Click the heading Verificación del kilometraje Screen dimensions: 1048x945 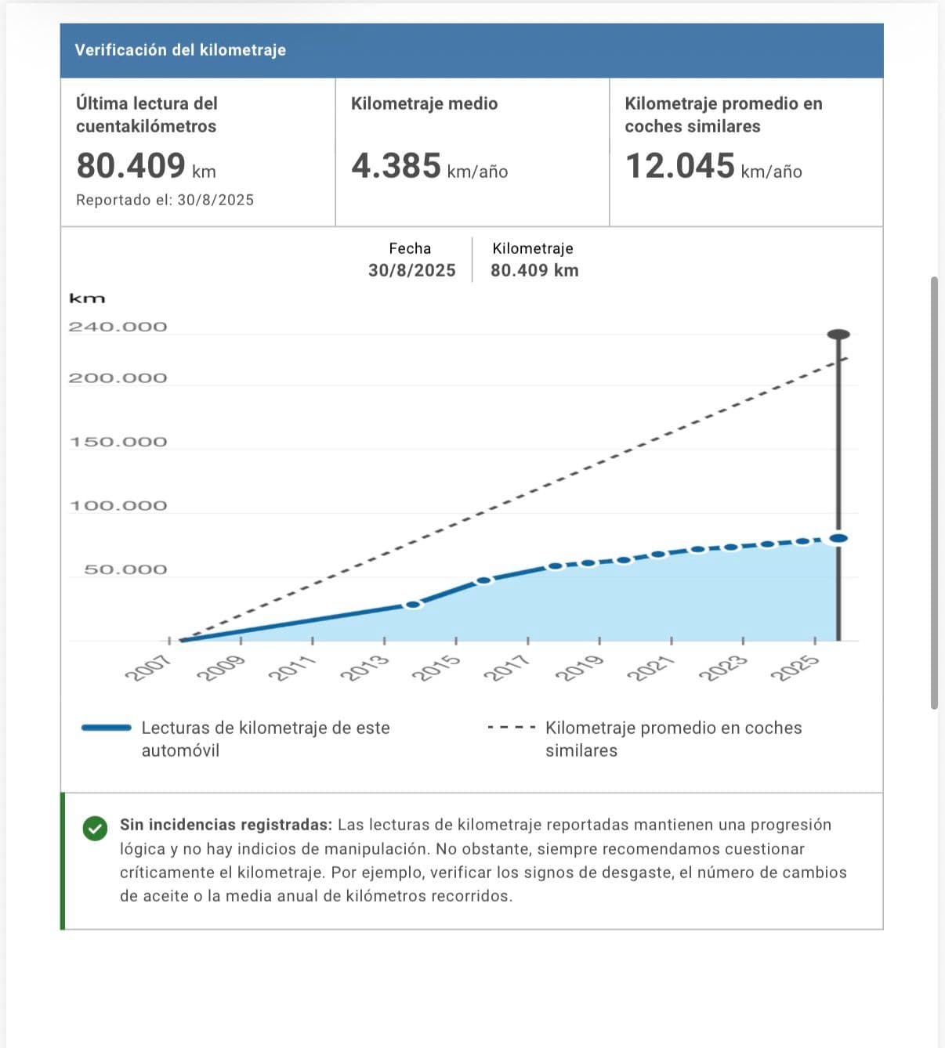(x=180, y=50)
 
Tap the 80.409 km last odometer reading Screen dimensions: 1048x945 (x=146, y=166)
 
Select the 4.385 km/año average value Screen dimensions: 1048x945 (x=429, y=166)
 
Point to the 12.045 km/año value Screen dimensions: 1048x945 (x=712, y=166)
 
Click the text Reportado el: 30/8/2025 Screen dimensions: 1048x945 (x=165, y=200)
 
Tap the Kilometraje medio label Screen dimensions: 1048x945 (x=424, y=103)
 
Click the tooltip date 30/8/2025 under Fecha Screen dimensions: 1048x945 (x=411, y=270)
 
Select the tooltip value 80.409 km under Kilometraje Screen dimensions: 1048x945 (x=534, y=270)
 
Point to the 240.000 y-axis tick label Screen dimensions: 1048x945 (x=118, y=327)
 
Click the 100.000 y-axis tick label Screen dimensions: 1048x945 (x=118, y=506)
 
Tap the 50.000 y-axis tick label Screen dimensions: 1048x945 (x=125, y=569)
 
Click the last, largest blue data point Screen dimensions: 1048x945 (x=838, y=538)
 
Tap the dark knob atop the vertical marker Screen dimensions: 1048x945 (x=838, y=334)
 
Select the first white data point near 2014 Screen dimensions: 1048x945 (x=413, y=605)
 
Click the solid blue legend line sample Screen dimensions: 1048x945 (x=107, y=728)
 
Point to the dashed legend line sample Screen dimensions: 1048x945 (x=511, y=728)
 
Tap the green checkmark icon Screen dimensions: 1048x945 (x=95, y=828)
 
